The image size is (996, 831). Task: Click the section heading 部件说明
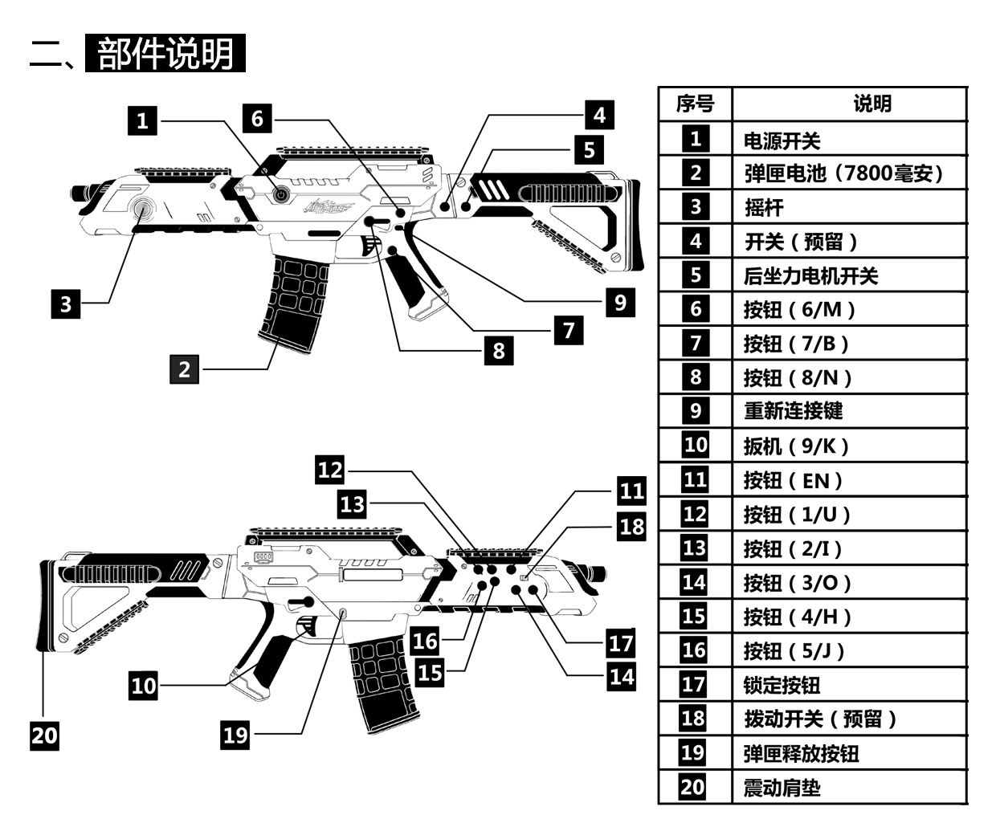tap(165, 53)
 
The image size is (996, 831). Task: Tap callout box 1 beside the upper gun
tap(142, 120)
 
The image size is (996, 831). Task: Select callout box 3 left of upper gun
tap(66, 303)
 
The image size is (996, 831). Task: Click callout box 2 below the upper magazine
tap(184, 369)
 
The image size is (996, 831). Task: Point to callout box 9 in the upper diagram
tap(620, 302)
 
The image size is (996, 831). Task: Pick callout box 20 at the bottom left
tap(44, 735)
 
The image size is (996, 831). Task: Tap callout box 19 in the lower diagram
tap(235, 735)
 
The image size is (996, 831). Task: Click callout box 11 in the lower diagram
tap(631, 491)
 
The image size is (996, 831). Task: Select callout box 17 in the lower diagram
tap(621, 643)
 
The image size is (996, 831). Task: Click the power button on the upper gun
tap(280, 194)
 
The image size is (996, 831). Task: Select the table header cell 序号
tap(695, 104)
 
